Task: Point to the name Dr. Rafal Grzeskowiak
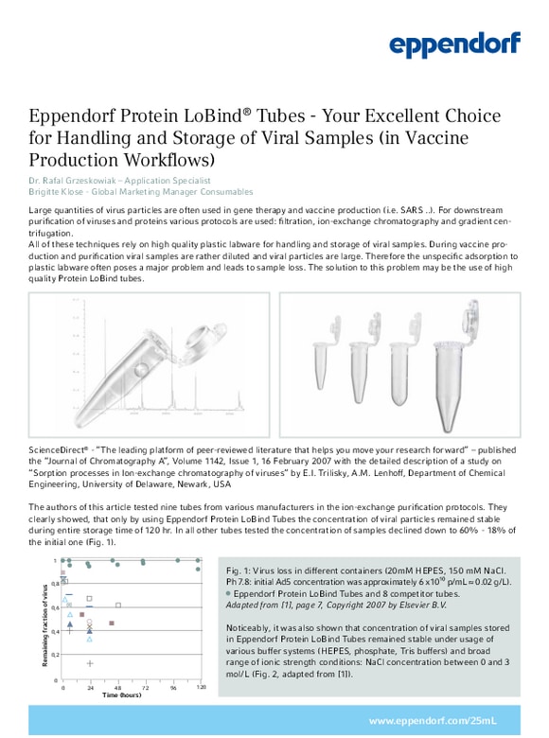[x=76, y=180]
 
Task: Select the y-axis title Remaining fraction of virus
[x=44, y=624]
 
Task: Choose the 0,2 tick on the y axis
[x=54, y=655]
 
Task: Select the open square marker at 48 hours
[x=118, y=605]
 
